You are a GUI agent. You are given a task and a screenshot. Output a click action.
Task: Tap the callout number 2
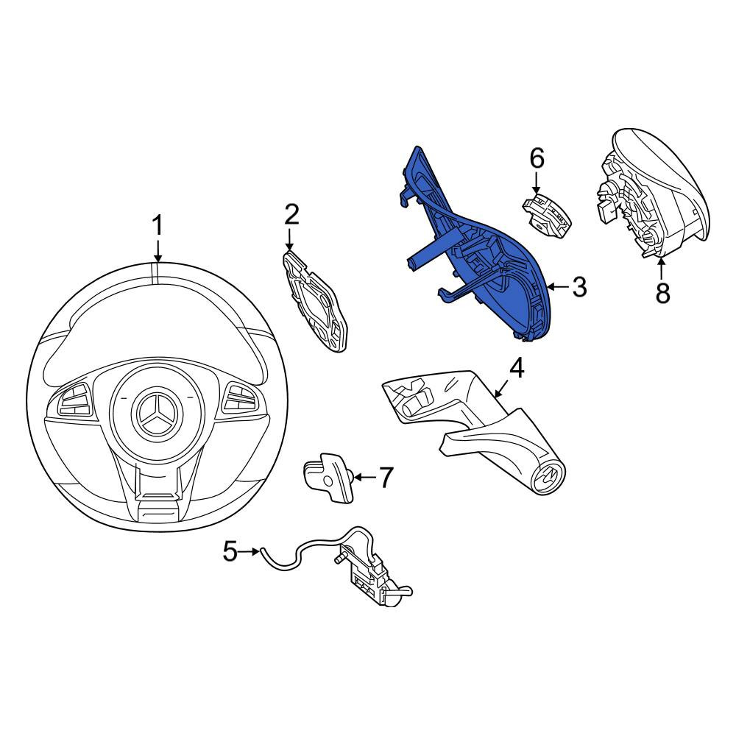click(291, 214)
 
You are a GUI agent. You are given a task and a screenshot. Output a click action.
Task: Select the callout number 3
click(579, 286)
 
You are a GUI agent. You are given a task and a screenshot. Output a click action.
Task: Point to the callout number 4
click(516, 368)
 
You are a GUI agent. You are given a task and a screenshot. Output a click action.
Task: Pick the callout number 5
click(230, 551)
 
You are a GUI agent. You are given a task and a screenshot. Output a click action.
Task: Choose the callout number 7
click(386, 477)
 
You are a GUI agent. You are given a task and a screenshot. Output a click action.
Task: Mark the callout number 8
click(662, 293)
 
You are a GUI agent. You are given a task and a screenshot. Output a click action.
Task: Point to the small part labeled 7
click(328, 478)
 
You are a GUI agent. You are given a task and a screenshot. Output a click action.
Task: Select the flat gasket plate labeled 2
click(315, 301)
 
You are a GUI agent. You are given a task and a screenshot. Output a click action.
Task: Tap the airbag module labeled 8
click(652, 193)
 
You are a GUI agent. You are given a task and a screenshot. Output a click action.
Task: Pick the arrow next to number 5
click(249, 551)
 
